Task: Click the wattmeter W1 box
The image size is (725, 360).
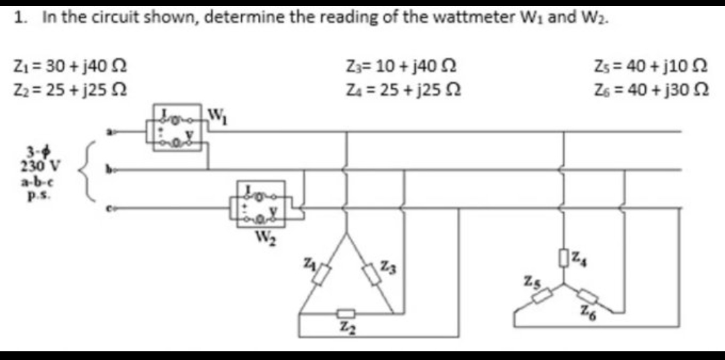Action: [x=178, y=127]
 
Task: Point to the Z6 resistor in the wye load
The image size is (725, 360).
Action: [x=587, y=295]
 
